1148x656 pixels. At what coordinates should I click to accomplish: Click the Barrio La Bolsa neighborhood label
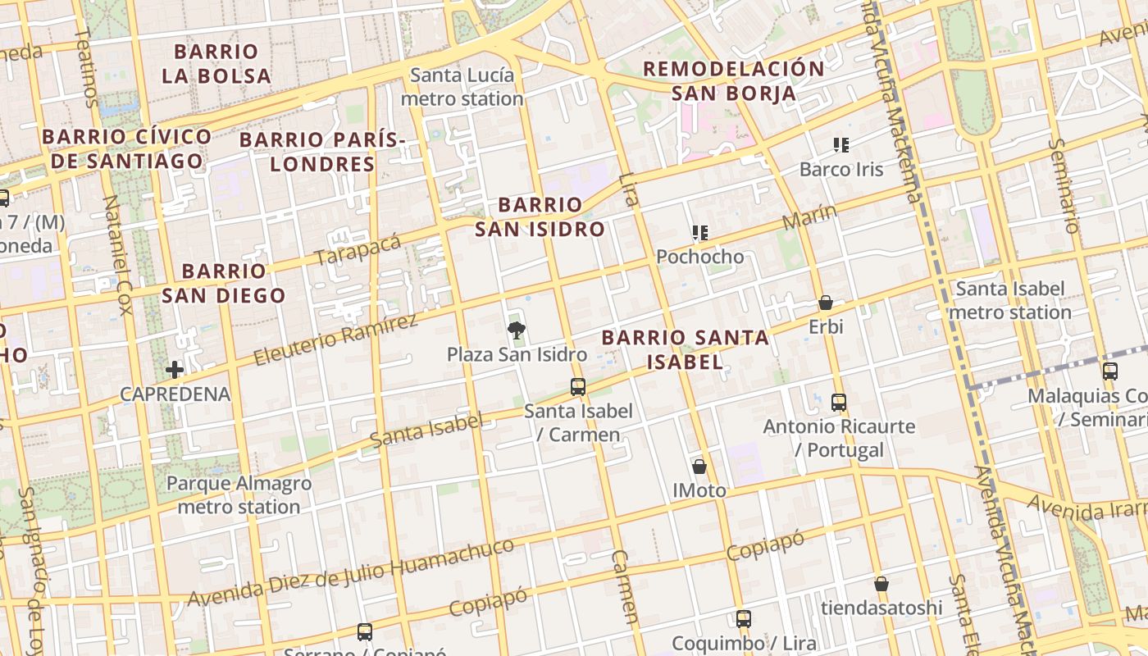click(x=216, y=63)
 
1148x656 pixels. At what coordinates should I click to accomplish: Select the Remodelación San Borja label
click(x=733, y=80)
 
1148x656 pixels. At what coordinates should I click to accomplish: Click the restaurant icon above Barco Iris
click(x=840, y=145)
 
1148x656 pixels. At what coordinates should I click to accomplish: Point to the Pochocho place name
click(x=699, y=257)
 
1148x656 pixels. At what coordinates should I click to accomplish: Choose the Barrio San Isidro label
click(x=540, y=216)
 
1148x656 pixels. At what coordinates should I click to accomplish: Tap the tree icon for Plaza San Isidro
click(x=517, y=330)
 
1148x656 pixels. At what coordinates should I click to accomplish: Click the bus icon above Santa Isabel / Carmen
click(x=578, y=387)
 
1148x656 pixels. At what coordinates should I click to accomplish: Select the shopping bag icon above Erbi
click(x=826, y=303)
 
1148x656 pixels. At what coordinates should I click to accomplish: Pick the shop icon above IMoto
click(x=699, y=467)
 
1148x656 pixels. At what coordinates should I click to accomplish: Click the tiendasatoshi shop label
click(x=881, y=608)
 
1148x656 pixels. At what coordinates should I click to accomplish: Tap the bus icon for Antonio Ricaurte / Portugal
click(x=838, y=403)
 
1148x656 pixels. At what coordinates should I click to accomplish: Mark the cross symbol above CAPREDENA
click(x=175, y=370)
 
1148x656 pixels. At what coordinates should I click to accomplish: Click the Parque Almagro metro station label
click(x=239, y=494)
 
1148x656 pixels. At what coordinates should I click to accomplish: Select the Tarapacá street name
click(x=358, y=248)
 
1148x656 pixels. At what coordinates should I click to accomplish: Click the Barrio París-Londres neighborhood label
click(x=322, y=152)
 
